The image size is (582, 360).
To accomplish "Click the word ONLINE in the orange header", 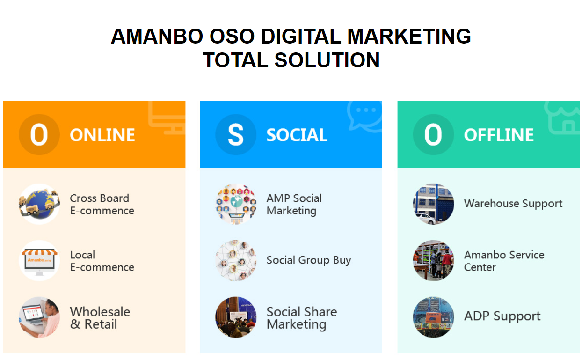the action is tap(102, 135).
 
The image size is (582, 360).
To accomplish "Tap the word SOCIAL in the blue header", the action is tap(297, 135).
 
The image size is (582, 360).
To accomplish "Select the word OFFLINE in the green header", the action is tap(499, 135).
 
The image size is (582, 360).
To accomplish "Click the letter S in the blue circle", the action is tap(236, 135).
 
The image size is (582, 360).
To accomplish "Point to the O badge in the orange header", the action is tap(39, 135).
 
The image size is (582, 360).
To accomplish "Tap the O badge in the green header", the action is tap(433, 135).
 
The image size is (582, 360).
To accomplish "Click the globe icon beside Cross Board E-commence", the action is tap(39, 204).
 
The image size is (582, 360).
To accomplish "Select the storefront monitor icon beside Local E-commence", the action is tap(39, 261).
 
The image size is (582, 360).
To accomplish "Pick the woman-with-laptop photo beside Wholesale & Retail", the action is tap(39, 317).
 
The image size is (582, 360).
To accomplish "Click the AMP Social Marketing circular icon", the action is tap(236, 204).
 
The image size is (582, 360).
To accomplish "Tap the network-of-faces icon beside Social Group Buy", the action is tap(236, 261).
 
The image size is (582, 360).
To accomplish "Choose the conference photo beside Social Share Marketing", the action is tap(236, 317).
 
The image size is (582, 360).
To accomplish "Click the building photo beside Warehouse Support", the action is tap(433, 204).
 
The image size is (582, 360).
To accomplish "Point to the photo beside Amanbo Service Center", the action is tap(433, 261).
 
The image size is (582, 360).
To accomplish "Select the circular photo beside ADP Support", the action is tap(433, 317).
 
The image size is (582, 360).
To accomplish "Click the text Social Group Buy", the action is tap(309, 260).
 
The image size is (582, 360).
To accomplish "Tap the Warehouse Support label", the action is tap(513, 204).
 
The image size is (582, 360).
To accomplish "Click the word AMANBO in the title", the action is tap(157, 36).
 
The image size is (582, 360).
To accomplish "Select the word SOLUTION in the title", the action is tap(327, 60).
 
